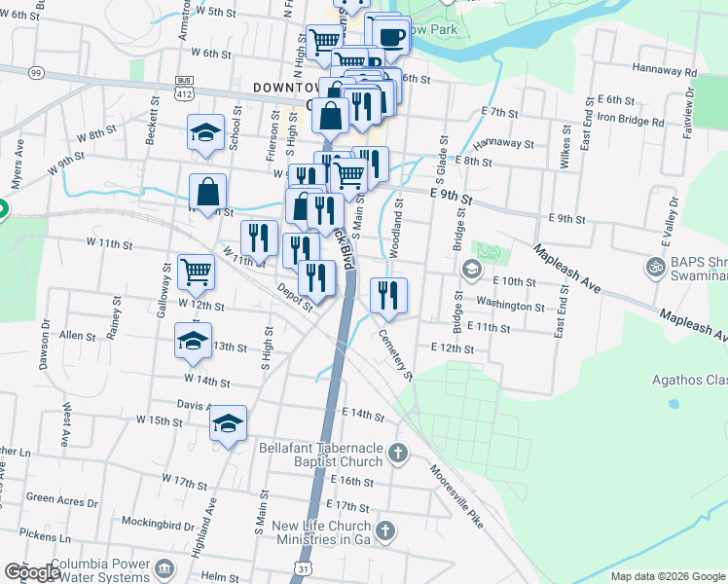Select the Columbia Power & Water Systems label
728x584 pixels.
pos(100,570)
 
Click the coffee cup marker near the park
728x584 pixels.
pos(391,37)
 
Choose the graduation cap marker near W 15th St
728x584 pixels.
pos(228,423)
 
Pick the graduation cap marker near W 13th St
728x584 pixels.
pos(193,341)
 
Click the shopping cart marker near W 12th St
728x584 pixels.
pos(196,272)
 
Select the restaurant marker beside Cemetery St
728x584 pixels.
pos(388,295)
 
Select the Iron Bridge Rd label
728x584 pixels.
pos(630,122)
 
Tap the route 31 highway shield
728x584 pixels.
pos(308,567)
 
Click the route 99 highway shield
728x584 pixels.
pos(36,72)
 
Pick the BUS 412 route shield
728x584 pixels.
pos(184,89)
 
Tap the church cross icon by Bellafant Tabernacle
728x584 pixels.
pos(396,453)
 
